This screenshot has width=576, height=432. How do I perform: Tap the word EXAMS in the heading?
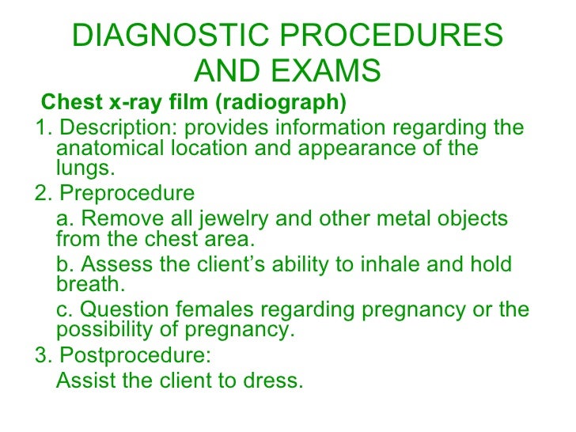(329, 73)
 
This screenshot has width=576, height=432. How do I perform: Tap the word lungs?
(86, 168)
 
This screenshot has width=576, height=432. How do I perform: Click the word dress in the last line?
(272, 381)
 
